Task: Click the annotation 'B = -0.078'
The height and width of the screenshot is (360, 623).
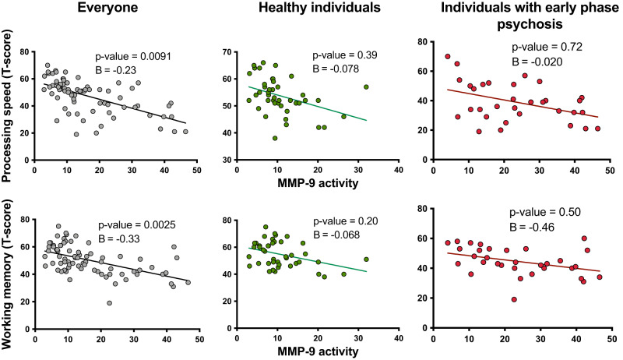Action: pyautogui.click(x=337, y=71)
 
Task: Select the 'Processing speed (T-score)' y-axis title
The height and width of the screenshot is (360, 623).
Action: pyautogui.click(x=9, y=98)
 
